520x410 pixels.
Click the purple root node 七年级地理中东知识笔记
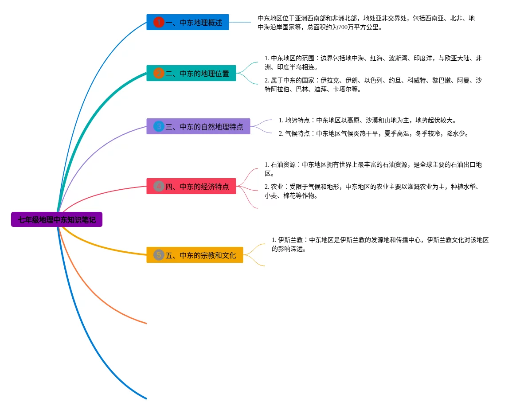tap(57, 219)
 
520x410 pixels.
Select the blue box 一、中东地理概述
tap(188, 22)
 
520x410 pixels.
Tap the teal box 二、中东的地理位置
tap(191, 73)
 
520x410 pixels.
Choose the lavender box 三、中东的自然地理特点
tap(198, 126)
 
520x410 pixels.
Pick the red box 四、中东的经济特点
tap(191, 186)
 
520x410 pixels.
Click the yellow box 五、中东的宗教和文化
tap(195, 255)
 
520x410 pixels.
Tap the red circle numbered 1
tap(159, 22)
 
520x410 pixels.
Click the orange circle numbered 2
tap(159, 73)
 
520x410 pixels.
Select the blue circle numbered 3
tap(159, 126)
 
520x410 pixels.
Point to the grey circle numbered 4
tap(159, 186)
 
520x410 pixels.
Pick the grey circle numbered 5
tap(159, 255)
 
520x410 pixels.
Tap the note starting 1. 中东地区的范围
tap(373, 62)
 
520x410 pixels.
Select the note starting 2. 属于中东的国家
tap(373, 85)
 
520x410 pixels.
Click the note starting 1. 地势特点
tap(368, 120)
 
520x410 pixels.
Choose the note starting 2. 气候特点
tap(373, 133)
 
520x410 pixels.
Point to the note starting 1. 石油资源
tap(373, 169)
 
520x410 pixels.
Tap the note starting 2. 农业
tap(373, 191)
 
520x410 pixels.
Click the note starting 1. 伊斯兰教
tap(380, 244)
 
